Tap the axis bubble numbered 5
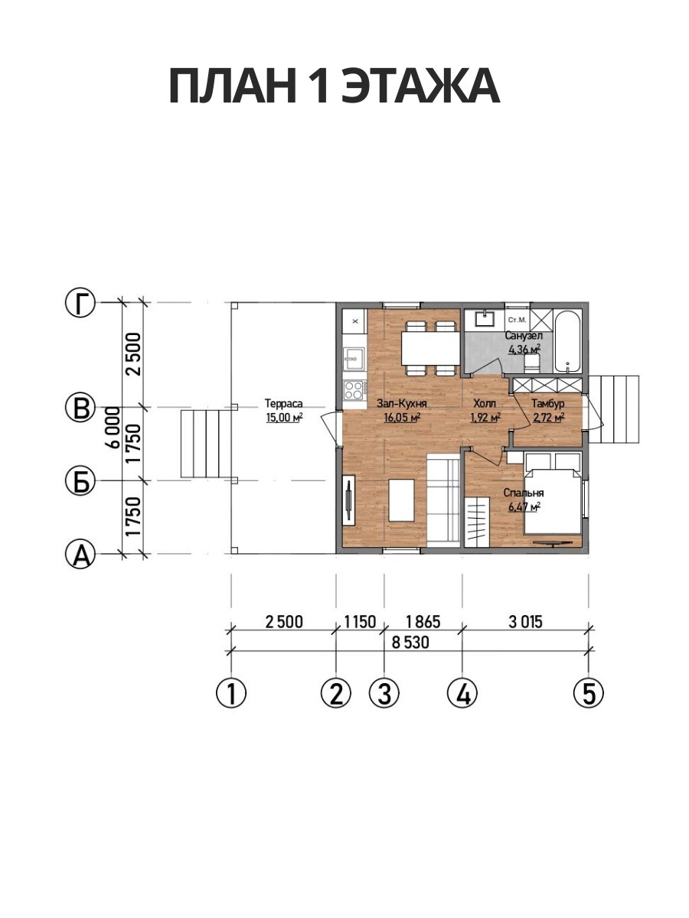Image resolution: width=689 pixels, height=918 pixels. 588,693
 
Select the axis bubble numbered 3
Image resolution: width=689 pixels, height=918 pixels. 384,693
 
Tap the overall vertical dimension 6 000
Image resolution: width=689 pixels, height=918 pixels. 113,428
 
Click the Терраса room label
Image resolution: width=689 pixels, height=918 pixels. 283,404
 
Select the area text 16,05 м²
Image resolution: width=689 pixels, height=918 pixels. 402,418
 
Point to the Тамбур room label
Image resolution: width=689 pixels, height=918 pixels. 548,404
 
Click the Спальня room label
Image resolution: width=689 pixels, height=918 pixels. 524,493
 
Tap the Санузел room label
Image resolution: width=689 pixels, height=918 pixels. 524,335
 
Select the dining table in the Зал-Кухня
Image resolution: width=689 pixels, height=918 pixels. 429,347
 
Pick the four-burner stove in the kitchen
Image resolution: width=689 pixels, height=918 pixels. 354,390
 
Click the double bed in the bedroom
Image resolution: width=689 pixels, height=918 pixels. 552,501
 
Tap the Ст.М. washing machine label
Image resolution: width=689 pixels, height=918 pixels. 517,321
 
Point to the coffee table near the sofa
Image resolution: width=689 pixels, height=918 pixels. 401,500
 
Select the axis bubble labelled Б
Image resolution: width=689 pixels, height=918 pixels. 80,480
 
